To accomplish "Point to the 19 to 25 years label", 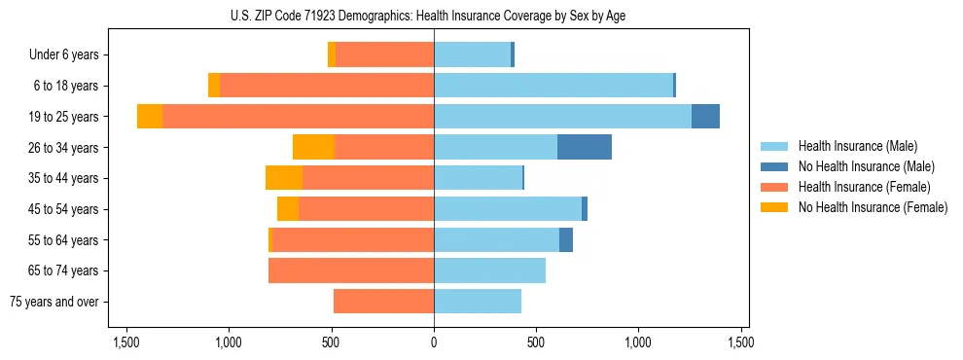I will (x=65, y=117).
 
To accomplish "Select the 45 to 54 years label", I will (x=65, y=209).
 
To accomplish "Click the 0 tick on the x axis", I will (x=434, y=342).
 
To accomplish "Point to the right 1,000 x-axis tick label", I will (x=639, y=342).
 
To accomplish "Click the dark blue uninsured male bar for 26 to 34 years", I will (x=584, y=147).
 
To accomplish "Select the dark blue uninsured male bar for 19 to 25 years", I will (x=705, y=117).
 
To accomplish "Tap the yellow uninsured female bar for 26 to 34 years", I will (x=313, y=147).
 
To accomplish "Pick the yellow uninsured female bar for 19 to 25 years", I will (x=150, y=117).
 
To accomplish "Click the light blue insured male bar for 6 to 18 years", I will (x=553, y=86).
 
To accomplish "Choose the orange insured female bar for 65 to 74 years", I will (x=351, y=270).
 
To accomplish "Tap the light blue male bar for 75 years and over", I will (x=478, y=302).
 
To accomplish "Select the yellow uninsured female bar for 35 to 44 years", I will (x=284, y=178).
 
